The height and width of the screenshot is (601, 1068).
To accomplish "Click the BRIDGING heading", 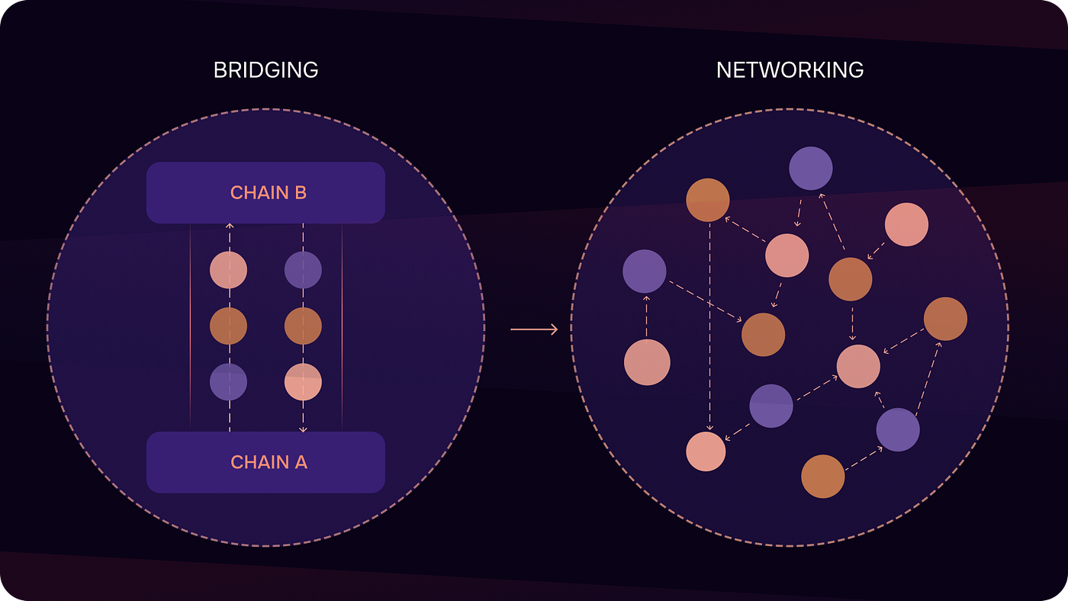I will coord(265,70).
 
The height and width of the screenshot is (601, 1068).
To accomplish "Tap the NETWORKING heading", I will coord(790,70).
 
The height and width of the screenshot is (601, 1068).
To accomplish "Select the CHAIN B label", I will coord(269,193).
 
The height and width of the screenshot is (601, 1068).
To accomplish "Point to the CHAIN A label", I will coord(269,462).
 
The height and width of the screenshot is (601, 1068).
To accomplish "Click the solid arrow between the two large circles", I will coord(534,329).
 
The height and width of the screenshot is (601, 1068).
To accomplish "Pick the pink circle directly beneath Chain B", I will coord(228,270).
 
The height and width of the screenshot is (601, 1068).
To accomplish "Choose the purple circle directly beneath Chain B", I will coord(303,270).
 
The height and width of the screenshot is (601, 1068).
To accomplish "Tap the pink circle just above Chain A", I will coord(303,382).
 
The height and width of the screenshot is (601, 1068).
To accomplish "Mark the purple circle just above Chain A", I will coord(228,382).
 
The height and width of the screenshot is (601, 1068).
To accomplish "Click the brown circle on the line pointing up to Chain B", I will coord(228,326).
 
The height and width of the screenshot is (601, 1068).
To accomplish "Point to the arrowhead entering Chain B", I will coord(229,227).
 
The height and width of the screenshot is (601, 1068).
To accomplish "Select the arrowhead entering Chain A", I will coord(303,429).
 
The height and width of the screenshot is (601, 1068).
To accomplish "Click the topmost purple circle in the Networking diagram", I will coord(810,169).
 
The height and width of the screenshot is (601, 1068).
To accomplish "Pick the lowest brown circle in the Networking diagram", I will coord(823,477).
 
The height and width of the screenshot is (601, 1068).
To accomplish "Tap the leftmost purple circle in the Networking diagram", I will coord(645,272).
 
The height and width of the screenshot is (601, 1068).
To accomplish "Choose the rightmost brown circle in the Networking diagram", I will coord(945,319).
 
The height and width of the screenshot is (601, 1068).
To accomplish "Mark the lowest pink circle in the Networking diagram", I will coord(706,451).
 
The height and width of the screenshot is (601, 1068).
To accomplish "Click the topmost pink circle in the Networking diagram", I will coord(906,225).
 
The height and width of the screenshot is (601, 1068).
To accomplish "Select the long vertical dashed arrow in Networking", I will coord(710,328).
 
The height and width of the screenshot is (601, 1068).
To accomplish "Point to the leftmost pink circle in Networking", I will coord(647,362).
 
